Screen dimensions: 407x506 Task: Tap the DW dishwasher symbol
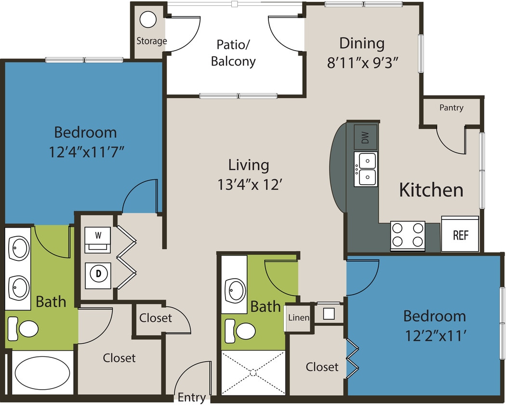pos(366,138)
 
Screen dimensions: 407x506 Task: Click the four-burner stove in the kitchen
pos(408,235)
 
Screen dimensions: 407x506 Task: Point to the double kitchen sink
pos(366,169)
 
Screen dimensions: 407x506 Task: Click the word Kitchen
pos(431,190)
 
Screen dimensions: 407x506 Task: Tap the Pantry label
pos(451,108)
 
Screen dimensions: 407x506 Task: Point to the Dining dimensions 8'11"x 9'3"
pos(362,63)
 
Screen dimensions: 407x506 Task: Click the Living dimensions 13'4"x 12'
pos(248,185)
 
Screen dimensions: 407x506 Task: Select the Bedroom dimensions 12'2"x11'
pos(434,336)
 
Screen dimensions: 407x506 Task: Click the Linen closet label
pos(298,318)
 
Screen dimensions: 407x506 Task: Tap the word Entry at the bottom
pos(191,397)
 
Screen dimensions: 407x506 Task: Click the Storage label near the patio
pos(151,41)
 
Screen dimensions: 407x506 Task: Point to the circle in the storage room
pos(148,20)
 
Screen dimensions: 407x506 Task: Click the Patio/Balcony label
pos(233,53)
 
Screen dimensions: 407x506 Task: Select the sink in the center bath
pos(236,289)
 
